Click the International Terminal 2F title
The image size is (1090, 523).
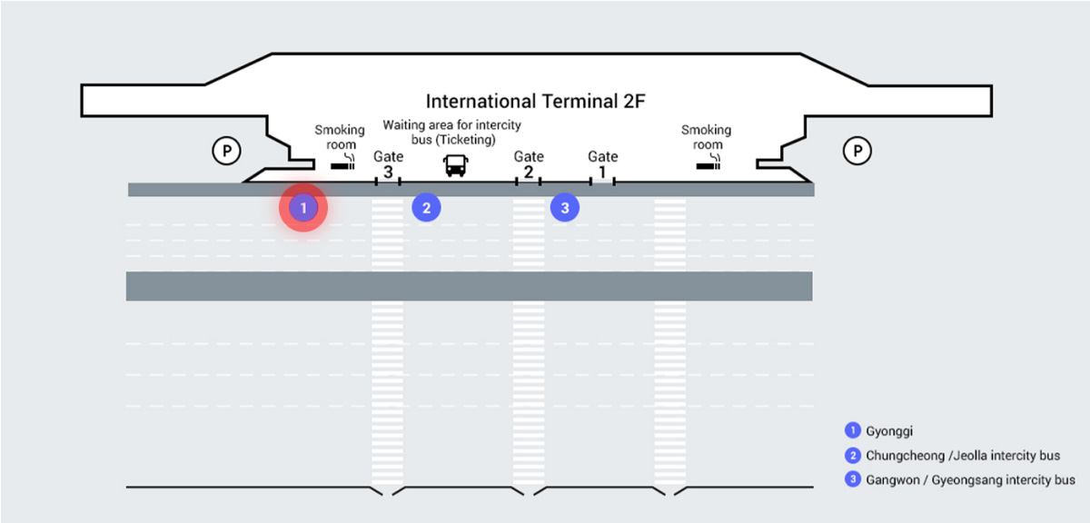(535, 101)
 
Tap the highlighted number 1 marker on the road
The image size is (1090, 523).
(303, 208)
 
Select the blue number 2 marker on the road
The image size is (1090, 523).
(426, 208)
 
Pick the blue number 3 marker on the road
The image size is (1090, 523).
(565, 208)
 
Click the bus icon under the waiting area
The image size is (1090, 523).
(455, 164)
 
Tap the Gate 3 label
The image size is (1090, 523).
(388, 164)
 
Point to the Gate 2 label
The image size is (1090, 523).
(529, 164)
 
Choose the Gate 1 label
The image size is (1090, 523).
(602, 164)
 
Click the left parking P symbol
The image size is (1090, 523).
(225, 150)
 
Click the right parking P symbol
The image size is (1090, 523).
(857, 150)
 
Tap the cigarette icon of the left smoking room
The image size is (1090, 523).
(343, 165)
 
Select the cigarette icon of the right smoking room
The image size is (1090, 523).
(708, 165)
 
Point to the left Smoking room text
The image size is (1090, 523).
(340, 137)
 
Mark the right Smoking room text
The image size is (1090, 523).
(706, 137)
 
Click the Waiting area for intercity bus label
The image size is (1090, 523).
(451, 132)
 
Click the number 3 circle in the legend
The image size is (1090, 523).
(852, 479)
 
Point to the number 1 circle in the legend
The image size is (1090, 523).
(852, 430)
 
